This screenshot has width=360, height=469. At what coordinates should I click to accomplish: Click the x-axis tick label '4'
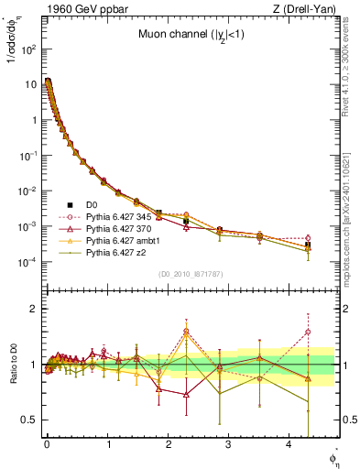click(289, 448)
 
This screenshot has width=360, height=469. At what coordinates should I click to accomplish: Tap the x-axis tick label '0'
click(47, 448)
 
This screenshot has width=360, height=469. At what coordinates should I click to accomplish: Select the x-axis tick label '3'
click(229, 448)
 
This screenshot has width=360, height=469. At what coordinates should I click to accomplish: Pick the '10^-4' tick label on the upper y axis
click(28, 262)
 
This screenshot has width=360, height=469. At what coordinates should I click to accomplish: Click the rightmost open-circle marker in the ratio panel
click(308, 332)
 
